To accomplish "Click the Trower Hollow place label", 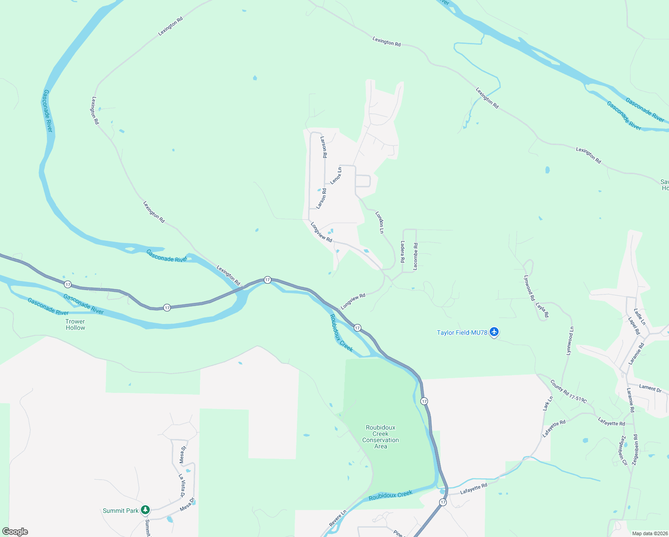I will (75, 324).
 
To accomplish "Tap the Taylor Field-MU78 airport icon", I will (494, 332).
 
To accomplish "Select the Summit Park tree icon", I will (145, 510).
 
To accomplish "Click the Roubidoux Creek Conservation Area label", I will (381, 437).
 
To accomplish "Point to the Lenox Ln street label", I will (336, 175).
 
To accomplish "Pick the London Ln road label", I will (380, 222).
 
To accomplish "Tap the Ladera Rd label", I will (402, 251).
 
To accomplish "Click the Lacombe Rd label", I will (415, 256).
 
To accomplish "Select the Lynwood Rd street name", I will (529, 287).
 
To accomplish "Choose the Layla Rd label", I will (542, 310).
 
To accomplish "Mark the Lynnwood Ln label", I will (570, 341).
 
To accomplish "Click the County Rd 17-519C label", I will (568, 392).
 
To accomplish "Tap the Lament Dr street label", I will (650, 388).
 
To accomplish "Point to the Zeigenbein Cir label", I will (623, 450).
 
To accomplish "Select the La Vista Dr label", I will (182, 486).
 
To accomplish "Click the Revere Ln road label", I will (338, 518).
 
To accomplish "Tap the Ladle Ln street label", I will (640, 316).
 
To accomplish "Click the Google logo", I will (15, 532).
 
